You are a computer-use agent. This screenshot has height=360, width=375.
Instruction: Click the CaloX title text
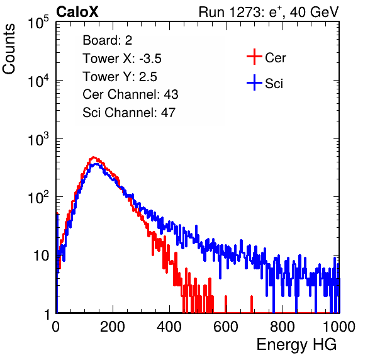pyautogui.click(x=77, y=12)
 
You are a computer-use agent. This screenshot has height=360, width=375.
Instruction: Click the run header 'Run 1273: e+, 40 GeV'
pyautogui.click(x=269, y=12)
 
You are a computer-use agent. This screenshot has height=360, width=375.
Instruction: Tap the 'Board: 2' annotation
pyautogui.click(x=108, y=40)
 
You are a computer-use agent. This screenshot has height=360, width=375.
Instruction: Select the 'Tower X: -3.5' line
pyautogui.click(x=122, y=59)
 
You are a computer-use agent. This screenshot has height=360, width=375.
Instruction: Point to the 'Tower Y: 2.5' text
pyautogui.click(x=120, y=77)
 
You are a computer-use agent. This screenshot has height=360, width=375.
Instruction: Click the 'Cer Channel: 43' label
pyautogui.click(x=130, y=94)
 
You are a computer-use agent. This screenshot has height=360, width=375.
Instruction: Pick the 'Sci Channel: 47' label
pyautogui.click(x=129, y=113)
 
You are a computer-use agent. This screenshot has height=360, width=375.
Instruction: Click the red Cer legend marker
pyautogui.click(x=254, y=57)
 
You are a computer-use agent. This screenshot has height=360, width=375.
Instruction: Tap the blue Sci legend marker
pyautogui.click(x=254, y=82)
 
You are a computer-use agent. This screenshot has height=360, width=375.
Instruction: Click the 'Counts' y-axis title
pyautogui.click(x=9, y=49)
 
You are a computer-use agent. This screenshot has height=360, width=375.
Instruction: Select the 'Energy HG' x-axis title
pyautogui.click(x=296, y=345)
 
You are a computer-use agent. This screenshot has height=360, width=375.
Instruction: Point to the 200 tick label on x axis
pyautogui.click(x=113, y=327)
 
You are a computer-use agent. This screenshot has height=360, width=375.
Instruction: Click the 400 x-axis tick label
pyautogui.click(x=169, y=327)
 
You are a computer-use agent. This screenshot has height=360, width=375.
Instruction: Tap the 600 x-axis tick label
pyautogui.click(x=226, y=327)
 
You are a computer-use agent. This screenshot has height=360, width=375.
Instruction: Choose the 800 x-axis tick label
pyautogui.click(x=283, y=327)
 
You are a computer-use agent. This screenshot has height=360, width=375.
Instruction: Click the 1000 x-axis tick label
pyautogui.click(x=339, y=327)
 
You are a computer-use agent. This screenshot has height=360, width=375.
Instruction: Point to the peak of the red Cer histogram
pyautogui.click(x=93, y=157)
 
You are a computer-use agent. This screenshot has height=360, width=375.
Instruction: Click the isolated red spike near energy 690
pyautogui.click(x=252, y=304)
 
